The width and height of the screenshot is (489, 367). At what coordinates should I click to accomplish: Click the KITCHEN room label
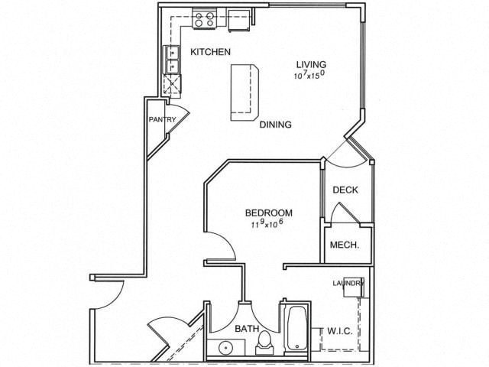211,52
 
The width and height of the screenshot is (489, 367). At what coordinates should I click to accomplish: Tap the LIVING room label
311,64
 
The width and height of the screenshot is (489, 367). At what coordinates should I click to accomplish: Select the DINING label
276,125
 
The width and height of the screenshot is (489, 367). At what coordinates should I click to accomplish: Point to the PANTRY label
162,119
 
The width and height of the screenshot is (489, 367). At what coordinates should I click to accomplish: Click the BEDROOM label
269,213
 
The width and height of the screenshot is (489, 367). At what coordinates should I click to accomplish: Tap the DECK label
345,190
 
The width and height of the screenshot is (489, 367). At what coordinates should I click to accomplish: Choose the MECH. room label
345,245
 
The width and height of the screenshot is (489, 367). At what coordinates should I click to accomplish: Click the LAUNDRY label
348,284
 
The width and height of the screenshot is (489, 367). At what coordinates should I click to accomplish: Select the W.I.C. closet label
340,331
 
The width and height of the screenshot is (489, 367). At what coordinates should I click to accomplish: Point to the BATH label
247,329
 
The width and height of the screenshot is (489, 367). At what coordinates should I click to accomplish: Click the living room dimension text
311,75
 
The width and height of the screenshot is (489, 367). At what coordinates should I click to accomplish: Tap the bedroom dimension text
267,224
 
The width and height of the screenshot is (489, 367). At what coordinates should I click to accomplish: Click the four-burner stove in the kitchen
205,19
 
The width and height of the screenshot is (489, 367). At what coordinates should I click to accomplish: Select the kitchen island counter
244,93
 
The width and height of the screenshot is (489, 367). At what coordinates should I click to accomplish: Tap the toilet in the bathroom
264,343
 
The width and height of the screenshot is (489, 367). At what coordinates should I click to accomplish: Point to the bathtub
296,328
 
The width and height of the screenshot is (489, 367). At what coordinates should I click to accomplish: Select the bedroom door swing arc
224,245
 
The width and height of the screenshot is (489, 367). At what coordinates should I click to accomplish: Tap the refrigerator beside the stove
239,20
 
